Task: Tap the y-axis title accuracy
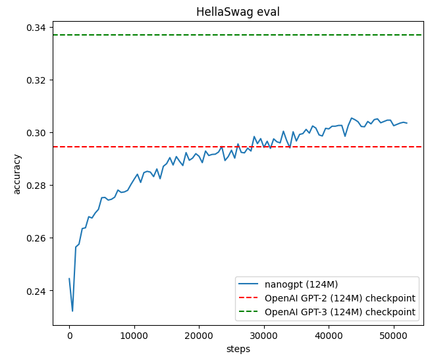(17, 174)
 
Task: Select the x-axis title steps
(238, 349)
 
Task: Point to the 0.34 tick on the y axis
(37, 28)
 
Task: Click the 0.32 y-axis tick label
(37, 80)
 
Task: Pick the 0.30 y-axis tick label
(37, 133)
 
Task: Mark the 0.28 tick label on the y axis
(37, 186)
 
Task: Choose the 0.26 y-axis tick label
(37, 238)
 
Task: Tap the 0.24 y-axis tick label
(37, 291)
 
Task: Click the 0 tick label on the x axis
(69, 336)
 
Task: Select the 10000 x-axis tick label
(134, 336)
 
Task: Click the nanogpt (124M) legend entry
(301, 284)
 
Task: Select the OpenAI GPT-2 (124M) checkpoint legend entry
(340, 298)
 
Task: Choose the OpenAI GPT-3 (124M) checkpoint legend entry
(340, 312)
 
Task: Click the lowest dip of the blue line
(72, 311)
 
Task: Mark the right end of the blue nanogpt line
(407, 123)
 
